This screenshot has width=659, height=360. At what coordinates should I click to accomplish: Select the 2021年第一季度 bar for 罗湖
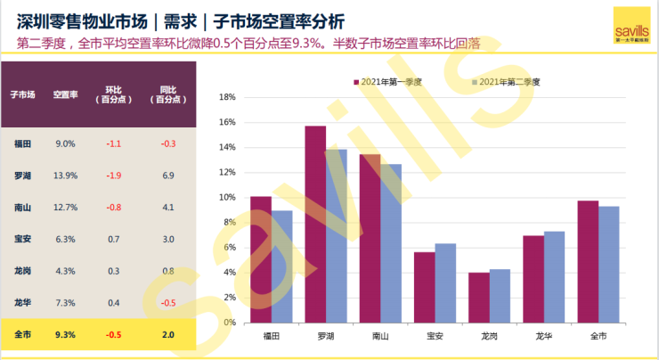pyautogui.click(x=315, y=223)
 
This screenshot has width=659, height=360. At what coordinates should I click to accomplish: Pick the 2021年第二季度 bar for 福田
pyautogui.click(x=281, y=266)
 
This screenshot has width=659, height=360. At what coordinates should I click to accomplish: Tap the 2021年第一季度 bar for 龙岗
pyautogui.click(x=479, y=297)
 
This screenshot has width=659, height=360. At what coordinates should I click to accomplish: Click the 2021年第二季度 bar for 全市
pyautogui.click(x=609, y=264)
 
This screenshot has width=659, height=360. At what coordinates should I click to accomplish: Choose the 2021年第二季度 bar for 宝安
pyautogui.click(x=445, y=282)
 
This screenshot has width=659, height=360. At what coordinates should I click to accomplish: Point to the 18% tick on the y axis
pyautogui.click(x=225, y=97)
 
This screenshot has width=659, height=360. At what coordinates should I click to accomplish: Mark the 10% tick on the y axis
pyautogui.click(x=225, y=197)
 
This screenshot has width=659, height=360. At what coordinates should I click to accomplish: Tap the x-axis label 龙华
pyautogui.click(x=544, y=336)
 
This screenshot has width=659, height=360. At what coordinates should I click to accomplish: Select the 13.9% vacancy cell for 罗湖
pyautogui.click(x=65, y=176)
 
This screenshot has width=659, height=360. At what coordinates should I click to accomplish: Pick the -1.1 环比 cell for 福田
pyautogui.click(x=113, y=143)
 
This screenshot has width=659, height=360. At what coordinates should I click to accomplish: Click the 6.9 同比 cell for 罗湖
pyautogui.click(x=167, y=176)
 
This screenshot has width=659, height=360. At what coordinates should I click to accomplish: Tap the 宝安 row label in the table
pyautogui.click(x=23, y=239)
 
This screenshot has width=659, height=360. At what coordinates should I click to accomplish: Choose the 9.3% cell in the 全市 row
pyautogui.click(x=65, y=334)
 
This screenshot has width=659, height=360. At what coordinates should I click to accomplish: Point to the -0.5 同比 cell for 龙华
pyautogui.click(x=167, y=303)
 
